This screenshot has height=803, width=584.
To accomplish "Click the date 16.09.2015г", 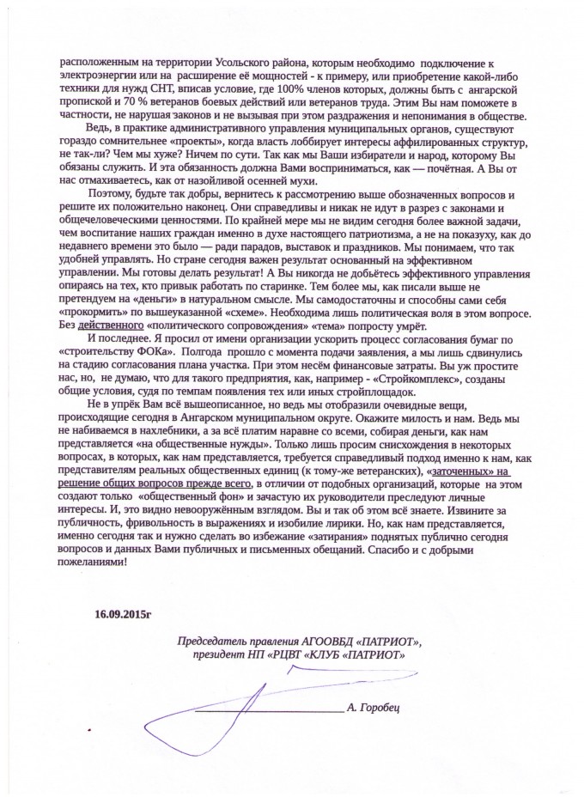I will [121, 613].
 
